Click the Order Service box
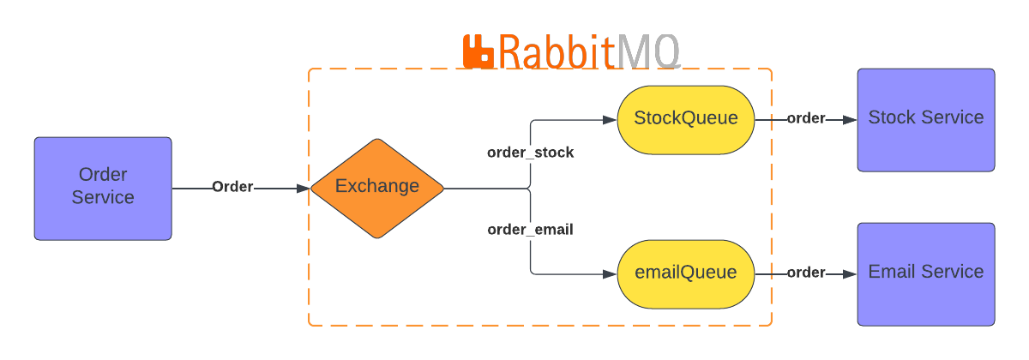pos(103,188)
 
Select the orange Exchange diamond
pos(377,188)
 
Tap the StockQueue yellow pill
pos(685,119)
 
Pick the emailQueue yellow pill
pos(685,273)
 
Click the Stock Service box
pos(926,119)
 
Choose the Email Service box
pos(926,273)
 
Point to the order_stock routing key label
pos(530,153)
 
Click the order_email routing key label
pos(530,230)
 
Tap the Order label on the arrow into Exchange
pos(232,187)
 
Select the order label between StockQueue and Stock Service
pos(806,118)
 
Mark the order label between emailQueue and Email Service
pos(806,273)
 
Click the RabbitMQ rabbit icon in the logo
pos(478,51)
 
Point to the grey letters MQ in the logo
pos(648,51)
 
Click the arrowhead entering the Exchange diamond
pos(303,188)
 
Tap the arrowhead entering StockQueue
pos(611,119)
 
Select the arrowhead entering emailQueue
pos(611,273)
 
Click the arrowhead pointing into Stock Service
pos(851,119)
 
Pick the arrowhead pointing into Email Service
pos(851,273)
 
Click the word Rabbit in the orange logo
pos(557,51)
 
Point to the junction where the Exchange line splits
pos(530,188)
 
